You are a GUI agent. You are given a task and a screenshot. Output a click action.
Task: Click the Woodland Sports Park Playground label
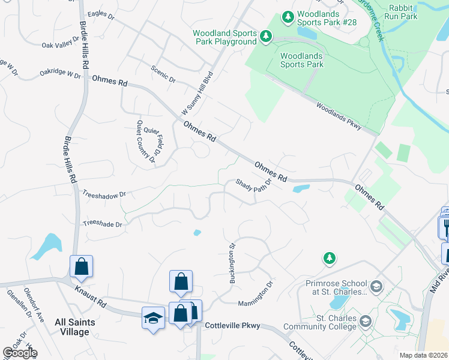pos(224,37)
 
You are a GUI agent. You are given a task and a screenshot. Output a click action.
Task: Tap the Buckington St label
pos(232,263)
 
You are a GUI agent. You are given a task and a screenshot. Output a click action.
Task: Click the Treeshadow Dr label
pos(104,195)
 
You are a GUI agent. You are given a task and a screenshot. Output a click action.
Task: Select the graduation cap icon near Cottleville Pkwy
pos(153,318)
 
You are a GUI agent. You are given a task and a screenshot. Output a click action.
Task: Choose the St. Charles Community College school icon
pos(364,323)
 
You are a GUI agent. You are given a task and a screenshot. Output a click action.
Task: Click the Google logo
pos(19,353)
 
